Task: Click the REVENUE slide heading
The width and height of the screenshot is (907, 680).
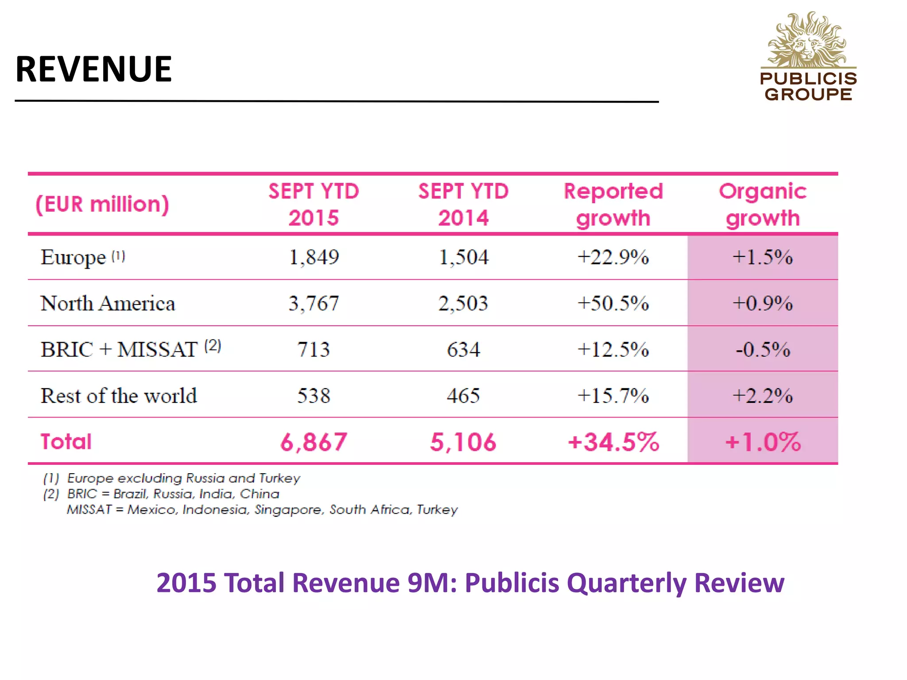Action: (93, 70)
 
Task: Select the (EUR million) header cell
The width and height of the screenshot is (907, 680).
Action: (102, 205)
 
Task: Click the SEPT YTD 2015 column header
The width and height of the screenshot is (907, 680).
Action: (314, 205)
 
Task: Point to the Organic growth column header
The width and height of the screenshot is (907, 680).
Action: (763, 205)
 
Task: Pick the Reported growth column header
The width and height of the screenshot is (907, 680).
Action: (613, 205)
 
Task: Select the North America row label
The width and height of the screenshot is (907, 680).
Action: (108, 304)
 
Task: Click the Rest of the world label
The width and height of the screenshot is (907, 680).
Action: (119, 396)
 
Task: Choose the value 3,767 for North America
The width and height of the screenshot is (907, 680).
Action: (314, 304)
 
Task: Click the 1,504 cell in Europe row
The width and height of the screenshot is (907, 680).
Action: (463, 257)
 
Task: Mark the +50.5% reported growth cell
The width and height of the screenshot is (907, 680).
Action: (613, 304)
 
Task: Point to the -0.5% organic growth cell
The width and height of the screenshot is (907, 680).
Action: (763, 350)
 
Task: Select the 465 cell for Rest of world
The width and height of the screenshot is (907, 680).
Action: (463, 396)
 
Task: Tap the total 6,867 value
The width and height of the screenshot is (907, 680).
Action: (314, 442)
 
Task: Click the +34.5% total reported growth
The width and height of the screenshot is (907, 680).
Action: (613, 442)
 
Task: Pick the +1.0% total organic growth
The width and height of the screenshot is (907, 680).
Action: (763, 442)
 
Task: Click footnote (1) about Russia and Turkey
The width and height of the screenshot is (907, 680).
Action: (172, 478)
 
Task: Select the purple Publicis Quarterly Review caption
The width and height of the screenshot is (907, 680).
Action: (470, 583)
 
